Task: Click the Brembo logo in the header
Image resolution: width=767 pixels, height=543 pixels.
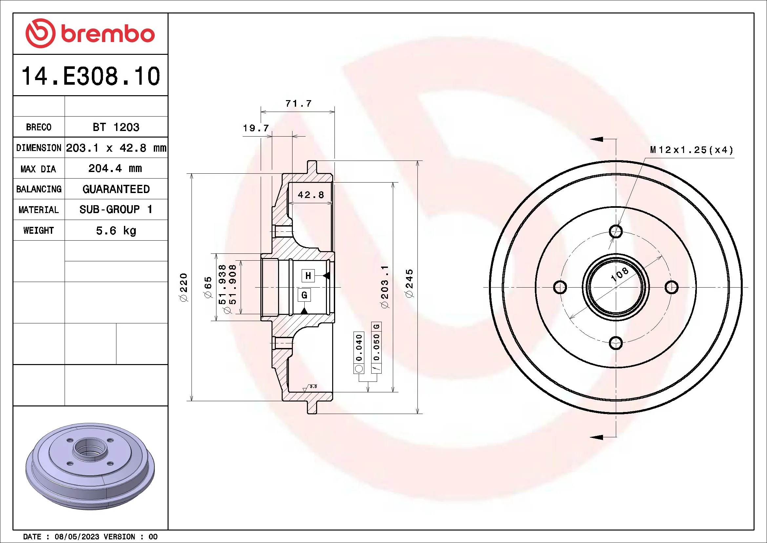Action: [90, 33]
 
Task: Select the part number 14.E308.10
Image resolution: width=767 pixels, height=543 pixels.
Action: [91, 76]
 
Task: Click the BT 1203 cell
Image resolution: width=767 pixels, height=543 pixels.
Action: [116, 127]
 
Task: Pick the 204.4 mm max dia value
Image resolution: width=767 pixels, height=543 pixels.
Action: [115, 168]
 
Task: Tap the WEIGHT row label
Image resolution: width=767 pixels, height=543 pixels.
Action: [38, 230]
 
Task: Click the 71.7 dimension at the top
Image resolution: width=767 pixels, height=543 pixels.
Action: [298, 103]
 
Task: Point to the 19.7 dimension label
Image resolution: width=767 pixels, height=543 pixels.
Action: [255, 128]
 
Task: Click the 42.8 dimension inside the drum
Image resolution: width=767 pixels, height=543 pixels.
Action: [311, 195]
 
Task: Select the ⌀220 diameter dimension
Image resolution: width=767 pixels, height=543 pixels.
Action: [183, 287]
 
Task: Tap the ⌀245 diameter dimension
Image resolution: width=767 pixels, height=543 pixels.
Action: [409, 283]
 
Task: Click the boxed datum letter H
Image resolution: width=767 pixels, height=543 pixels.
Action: [308, 276]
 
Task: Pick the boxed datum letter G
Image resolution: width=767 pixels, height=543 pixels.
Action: [304, 295]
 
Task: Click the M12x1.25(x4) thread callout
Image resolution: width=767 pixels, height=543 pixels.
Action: [692, 150]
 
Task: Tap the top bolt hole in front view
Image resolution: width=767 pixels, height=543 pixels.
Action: [616, 231]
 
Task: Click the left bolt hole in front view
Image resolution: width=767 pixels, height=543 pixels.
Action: [560, 287]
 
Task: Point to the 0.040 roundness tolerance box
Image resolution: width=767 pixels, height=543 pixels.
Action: [359, 348]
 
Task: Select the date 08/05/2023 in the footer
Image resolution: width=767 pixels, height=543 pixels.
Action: [77, 536]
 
